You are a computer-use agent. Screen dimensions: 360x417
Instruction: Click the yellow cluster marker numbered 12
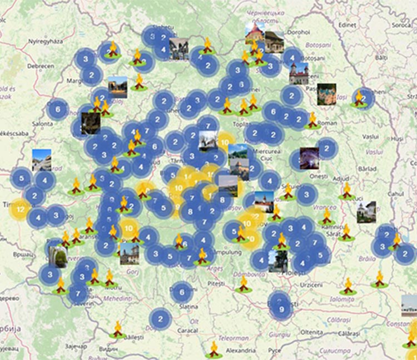coord(20,209)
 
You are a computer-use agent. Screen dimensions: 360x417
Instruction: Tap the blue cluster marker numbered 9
coord(281,309)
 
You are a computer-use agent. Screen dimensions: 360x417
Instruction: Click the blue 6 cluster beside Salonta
coord(58,109)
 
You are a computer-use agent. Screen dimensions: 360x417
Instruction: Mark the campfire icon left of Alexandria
coord(214,349)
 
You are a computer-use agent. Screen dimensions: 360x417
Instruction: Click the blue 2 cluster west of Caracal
coord(160,319)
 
